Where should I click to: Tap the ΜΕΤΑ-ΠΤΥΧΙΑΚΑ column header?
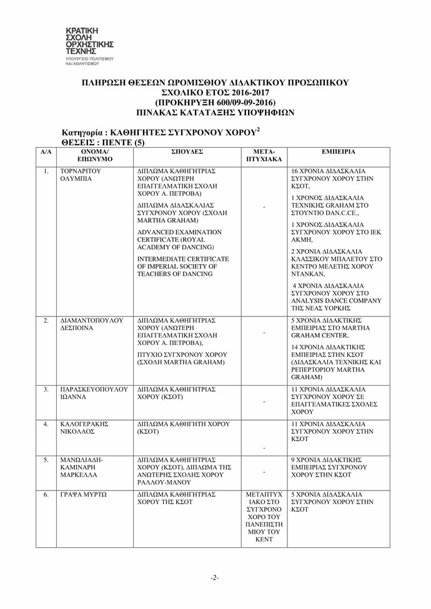click(264, 155)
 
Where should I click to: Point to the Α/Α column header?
click(46, 152)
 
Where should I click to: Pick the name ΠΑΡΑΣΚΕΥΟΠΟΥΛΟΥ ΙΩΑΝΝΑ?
click(93, 393)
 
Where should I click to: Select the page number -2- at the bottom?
click(214, 577)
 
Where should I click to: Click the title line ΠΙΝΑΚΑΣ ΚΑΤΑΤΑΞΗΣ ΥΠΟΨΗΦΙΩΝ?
click(215, 112)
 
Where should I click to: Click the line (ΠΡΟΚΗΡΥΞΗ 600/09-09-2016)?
click(215, 102)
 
